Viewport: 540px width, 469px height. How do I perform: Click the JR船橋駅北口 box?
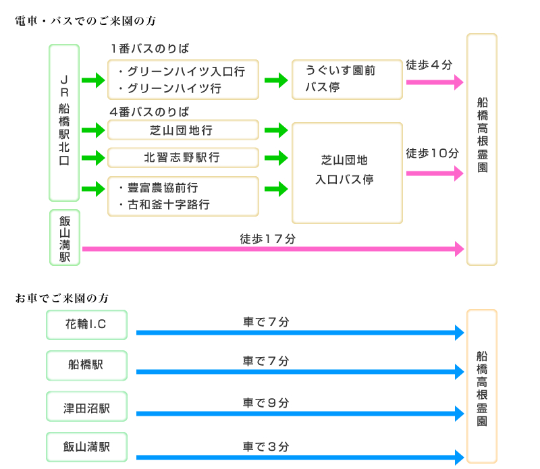(64, 123)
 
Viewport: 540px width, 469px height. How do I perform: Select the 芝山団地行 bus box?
(183, 130)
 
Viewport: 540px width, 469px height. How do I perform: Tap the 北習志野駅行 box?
(183, 157)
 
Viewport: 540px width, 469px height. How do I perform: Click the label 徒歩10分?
(432, 153)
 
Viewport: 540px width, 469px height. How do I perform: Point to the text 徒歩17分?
(268, 238)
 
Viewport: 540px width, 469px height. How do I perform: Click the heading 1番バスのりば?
(149, 49)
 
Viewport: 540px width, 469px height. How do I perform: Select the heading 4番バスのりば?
(149, 111)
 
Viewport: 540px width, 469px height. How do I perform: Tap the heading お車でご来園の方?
(62, 298)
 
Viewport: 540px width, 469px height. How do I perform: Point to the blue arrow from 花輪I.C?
(300, 332)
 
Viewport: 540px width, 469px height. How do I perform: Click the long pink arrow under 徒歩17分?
(273, 250)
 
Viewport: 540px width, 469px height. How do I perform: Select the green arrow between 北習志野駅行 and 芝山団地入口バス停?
(276, 158)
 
